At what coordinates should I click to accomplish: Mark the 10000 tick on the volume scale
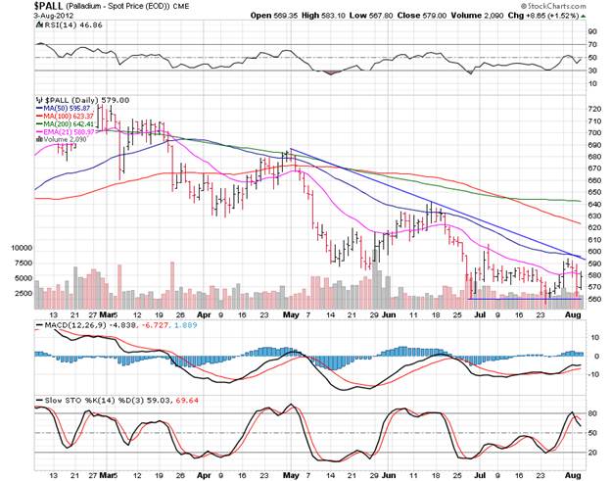[x=21, y=249]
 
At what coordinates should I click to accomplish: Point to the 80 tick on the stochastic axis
[x=590, y=413]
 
